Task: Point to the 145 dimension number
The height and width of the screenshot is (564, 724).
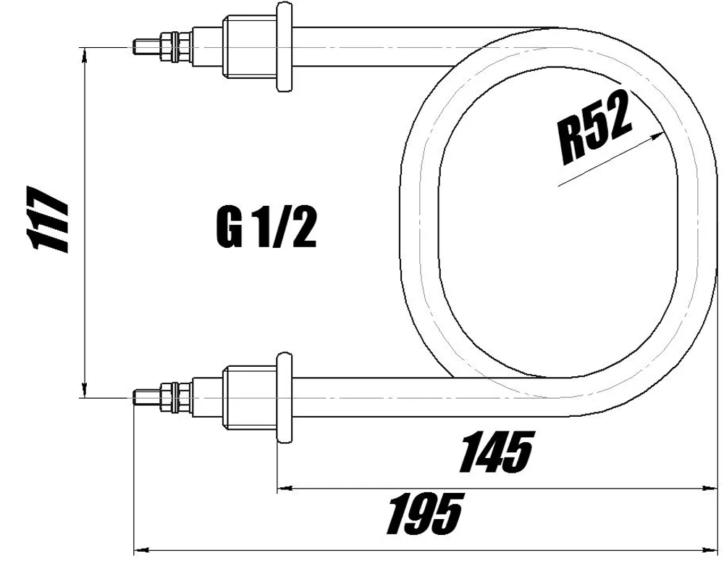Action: click(x=496, y=451)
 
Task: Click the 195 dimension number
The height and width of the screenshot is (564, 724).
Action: click(x=424, y=514)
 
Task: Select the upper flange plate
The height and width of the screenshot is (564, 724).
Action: click(x=284, y=47)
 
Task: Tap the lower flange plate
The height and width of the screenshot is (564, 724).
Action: click(x=285, y=397)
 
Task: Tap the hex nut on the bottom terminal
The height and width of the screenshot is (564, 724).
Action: click(x=172, y=396)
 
